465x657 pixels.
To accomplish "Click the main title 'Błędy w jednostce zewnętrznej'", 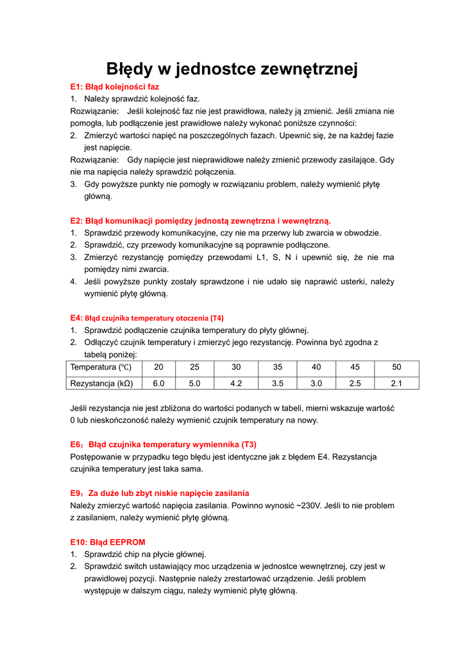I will tap(232, 69).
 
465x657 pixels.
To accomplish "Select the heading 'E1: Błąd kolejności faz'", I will tap(115, 86).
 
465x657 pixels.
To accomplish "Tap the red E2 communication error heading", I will tap(200, 221).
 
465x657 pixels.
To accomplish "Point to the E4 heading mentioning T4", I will tap(147, 318).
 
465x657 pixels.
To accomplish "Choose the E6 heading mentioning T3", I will tap(163, 444).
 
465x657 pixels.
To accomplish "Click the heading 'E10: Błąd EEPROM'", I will tap(108, 542).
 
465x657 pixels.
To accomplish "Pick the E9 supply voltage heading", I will tap(160, 493).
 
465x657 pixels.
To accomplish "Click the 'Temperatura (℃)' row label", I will tap(101, 368).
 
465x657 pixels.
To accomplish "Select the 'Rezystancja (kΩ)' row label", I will tap(101, 383).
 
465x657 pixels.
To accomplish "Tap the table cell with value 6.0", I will tap(159, 383).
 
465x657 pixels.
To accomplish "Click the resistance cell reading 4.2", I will tap(235, 383).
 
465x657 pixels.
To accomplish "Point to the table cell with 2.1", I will tap(396, 383).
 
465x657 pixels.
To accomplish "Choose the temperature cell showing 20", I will tap(159, 368).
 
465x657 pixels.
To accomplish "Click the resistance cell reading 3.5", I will tap(277, 383).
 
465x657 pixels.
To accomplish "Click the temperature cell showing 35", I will tap(277, 368).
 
